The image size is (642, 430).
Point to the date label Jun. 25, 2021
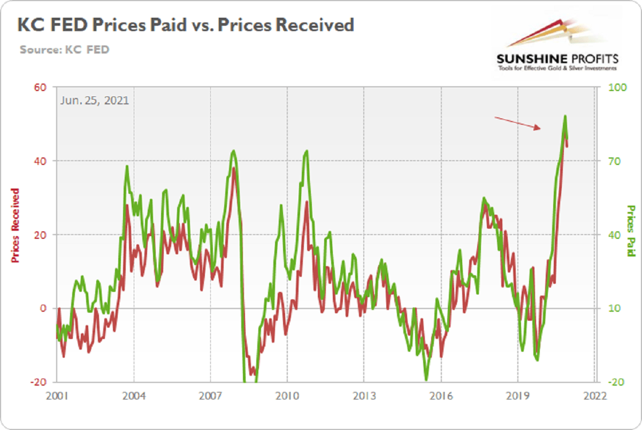(95, 100)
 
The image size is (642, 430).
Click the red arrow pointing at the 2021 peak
(517, 123)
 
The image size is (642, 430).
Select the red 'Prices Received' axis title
(16, 225)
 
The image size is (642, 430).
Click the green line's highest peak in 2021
(565, 116)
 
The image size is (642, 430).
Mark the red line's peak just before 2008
(234, 168)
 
